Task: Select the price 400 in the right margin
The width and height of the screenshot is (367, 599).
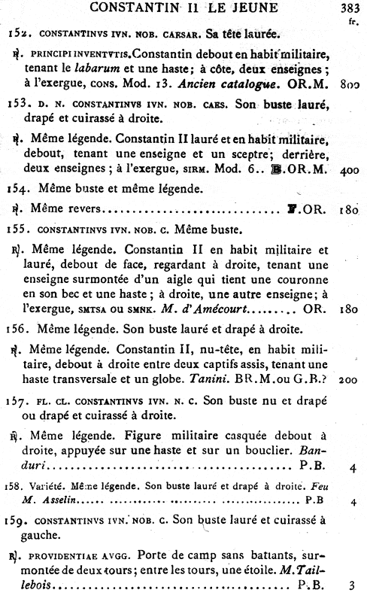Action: point(348,192)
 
